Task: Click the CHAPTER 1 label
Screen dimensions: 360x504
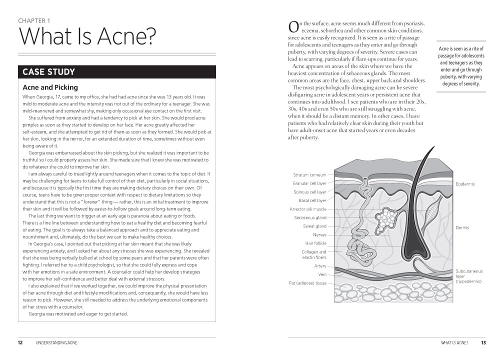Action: pos(34,21)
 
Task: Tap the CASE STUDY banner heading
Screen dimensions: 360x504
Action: pos(48,72)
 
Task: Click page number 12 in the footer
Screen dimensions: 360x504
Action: pos(20,343)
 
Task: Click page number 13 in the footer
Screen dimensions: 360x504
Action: pos(483,343)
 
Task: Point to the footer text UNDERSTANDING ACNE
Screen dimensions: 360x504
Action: pos(57,343)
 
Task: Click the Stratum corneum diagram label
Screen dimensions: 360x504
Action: pos(309,175)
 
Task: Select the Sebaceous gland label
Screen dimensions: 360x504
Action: pos(310,217)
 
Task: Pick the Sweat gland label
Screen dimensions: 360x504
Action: pos(315,226)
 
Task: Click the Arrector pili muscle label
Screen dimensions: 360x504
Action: pos(307,209)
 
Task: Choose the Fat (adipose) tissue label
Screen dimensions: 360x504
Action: pos(307,283)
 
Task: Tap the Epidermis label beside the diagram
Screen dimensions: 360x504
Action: pos(465,184)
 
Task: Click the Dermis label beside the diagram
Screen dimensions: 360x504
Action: pos(462,227)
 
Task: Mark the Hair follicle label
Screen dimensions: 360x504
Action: pos(315,243)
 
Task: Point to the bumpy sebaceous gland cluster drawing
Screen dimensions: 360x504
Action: pos(387,218)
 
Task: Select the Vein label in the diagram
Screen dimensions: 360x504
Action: pos(322,274)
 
